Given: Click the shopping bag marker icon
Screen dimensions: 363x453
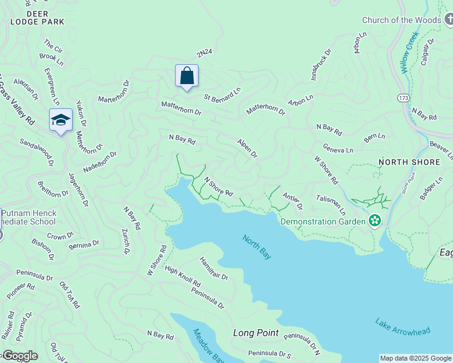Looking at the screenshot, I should click(187, 76).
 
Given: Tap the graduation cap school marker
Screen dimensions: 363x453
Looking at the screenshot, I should click(61, 120).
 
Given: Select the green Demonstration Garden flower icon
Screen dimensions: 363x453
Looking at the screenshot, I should click(375, 221).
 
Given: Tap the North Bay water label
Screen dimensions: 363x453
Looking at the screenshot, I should click(257, 247).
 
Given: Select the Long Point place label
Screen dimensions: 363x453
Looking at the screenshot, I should click(256, 333).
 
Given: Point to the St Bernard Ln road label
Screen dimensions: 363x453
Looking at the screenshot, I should click(222, 94).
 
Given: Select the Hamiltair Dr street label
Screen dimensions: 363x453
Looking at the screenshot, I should click(214, 268).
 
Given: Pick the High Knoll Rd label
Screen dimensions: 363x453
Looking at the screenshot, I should click(182, 277).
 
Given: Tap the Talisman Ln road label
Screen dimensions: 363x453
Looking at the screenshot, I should click(331, 204).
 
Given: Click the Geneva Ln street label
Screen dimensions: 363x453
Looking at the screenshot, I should click(337, 149).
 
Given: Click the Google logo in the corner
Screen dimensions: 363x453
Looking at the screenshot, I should click(19, 356).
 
